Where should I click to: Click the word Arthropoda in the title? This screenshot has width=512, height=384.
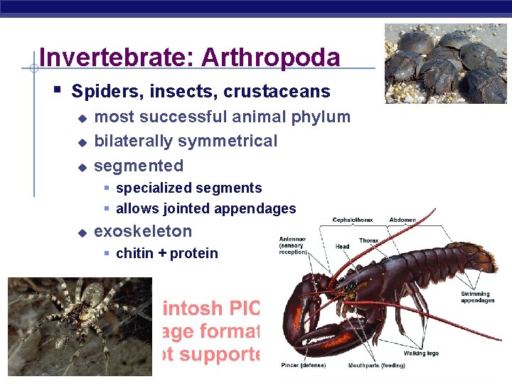(271, 58)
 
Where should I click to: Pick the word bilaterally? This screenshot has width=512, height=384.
(134, 141)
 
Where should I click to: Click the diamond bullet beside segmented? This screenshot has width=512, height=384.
(82, 167)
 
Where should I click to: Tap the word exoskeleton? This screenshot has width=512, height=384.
(143, 231)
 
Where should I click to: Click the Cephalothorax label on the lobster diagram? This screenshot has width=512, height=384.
(353, 220)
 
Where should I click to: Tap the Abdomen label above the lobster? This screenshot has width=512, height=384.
(402, 220)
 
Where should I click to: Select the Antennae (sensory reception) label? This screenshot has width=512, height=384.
(292, 245)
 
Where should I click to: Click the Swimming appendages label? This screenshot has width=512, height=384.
(476, 297)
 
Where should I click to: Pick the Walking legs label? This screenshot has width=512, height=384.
(421, 353)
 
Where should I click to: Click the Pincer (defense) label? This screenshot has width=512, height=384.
(304, 366)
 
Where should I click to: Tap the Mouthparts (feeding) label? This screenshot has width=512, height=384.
(376, 366)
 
